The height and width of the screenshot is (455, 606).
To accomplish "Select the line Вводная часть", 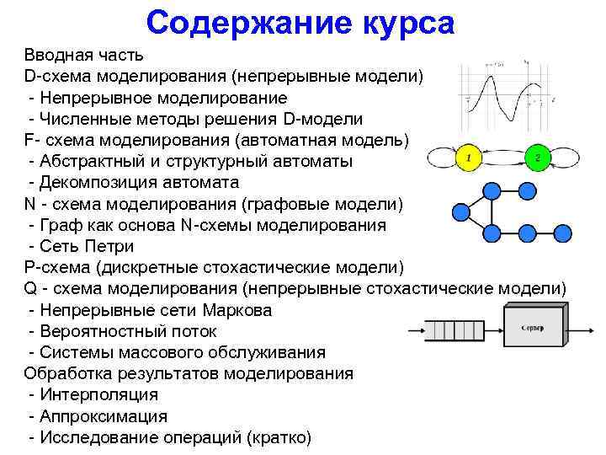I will (x=84, y=55).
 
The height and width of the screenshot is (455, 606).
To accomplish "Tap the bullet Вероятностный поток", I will (x=123, y=331).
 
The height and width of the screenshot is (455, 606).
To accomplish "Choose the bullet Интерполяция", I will (x=97, y=394).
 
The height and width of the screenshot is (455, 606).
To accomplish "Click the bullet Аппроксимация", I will (x=102, y=416).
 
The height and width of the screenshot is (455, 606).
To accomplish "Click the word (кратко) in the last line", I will (x=279, y=437).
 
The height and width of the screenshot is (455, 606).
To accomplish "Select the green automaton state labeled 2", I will (x=538, y=157).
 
